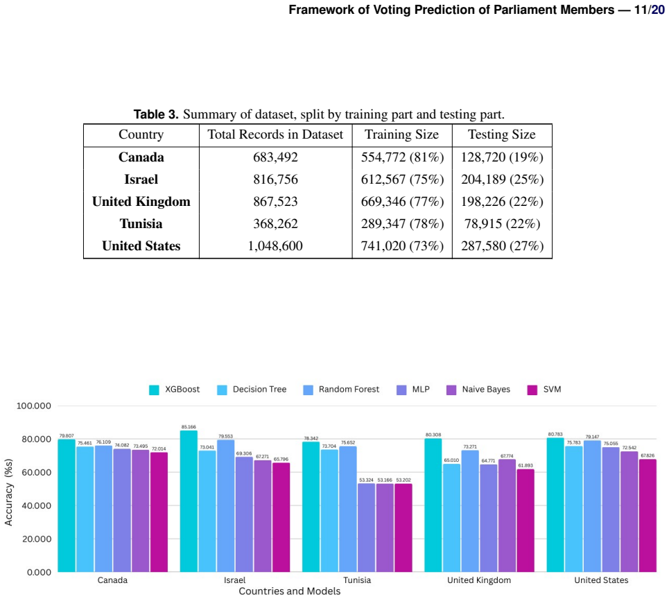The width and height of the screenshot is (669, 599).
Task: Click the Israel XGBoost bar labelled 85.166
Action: click(189, 501)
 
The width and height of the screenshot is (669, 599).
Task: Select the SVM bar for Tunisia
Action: click(403, 528)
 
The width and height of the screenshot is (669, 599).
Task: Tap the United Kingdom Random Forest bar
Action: click(470, 511)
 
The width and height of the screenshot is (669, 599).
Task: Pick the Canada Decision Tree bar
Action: click(85, 509)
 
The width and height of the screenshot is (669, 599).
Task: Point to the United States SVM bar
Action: click(648, 515)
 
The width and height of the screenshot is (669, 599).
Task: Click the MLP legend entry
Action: click(413, 390)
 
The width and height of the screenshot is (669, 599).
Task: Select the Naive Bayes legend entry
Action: click(478, 390)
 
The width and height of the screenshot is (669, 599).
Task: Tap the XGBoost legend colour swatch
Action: click(154, 390)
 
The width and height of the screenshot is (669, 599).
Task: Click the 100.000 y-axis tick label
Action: click(34, 406)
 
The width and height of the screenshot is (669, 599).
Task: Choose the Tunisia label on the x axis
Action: click(357, 580)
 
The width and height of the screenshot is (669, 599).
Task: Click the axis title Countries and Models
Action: click(290, 591)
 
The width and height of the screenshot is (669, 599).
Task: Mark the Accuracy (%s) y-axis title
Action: click(8, 492)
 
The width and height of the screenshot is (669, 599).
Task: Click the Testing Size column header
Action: click(502, 134)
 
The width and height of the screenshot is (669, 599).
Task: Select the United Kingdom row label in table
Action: click(141, 201)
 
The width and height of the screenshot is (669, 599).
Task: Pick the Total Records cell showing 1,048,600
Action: click(275, 246)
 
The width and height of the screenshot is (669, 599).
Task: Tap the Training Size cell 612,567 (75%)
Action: click(402, 180)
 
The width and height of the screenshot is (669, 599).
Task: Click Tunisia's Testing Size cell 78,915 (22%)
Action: click(502, 224)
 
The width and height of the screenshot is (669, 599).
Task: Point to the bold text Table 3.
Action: click(156, 114)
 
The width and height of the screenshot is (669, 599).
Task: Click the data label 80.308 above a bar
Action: click(433, 435)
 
